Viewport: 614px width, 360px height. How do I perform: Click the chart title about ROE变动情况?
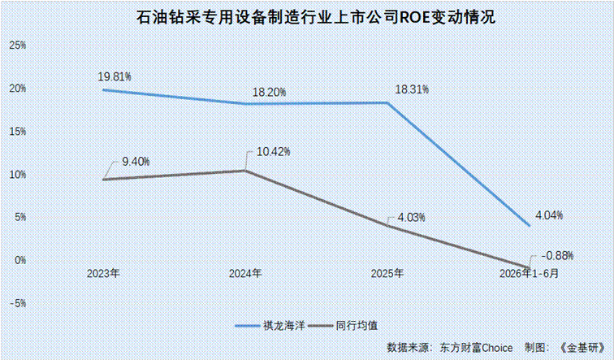[316, 17]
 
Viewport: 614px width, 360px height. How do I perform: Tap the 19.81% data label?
[115, 76]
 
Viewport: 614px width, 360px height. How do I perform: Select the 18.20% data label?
[269, 93]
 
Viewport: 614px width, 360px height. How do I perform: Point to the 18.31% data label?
[412, 89]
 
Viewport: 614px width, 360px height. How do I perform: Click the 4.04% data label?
[549, 215]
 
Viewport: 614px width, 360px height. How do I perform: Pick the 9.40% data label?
[136, 162]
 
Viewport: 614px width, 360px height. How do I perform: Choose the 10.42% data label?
[274, 152]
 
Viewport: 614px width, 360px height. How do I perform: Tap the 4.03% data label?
[411, 217]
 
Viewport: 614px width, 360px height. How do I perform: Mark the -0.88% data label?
[557, 256]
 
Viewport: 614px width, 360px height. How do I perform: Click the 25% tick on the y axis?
[18, 46]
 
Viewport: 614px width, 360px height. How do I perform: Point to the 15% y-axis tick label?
[18, 132]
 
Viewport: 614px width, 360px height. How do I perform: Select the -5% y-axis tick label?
[18, 304]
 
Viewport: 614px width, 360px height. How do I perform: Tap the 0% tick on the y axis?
[20, 261]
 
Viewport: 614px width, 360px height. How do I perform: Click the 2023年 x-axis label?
[103, 273]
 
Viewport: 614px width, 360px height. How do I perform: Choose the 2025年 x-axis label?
[387, 273]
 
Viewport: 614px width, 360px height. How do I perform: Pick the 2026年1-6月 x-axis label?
[529, 273]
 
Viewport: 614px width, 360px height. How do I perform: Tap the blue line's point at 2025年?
[387, 103]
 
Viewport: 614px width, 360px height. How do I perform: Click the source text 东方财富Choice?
[476, 348]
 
